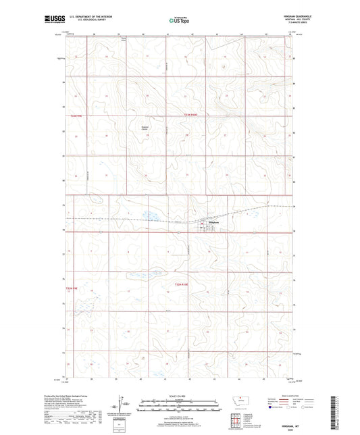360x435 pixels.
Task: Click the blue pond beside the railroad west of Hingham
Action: (150, 217)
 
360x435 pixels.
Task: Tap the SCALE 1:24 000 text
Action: (180, 396)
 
